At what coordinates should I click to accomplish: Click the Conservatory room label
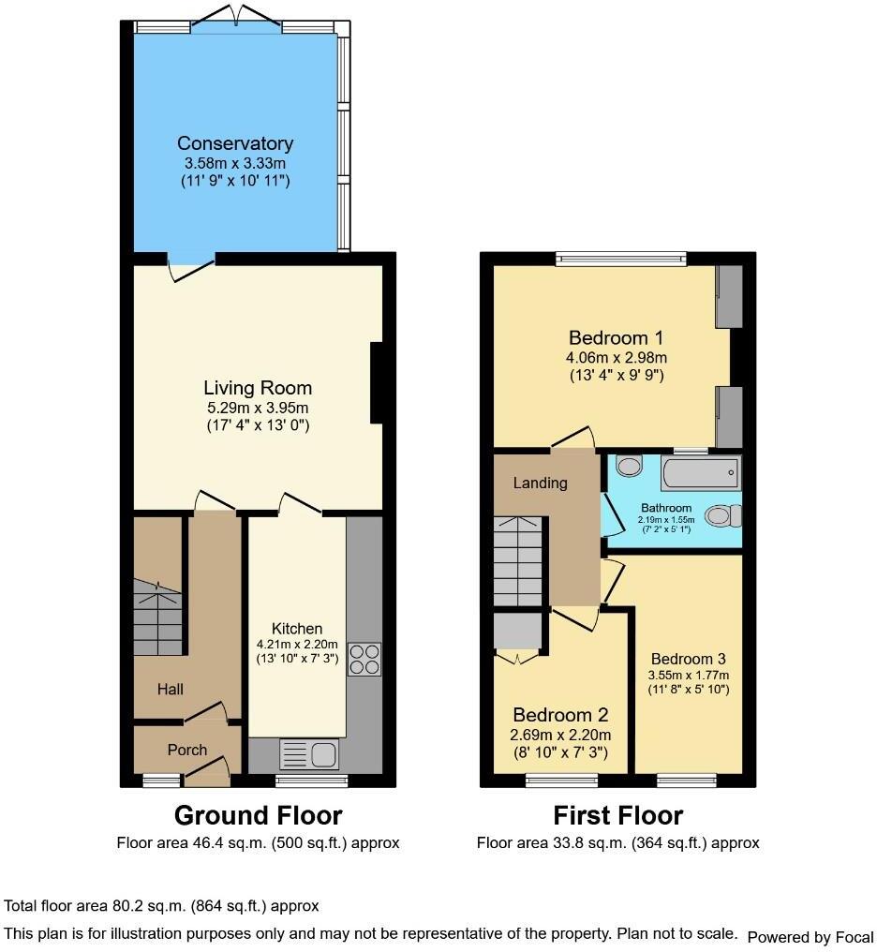[x=235, y=143]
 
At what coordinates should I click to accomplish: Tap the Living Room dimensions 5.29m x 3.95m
[x=258, y=408]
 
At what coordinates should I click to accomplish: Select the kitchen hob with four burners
[x=364, y=659]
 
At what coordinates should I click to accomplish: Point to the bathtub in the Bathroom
[x=700, y=472]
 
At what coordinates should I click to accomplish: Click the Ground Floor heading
[x=258, y=815]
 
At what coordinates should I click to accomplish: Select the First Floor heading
[x=617, y=815]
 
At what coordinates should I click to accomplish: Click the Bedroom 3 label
[x=689, y=658]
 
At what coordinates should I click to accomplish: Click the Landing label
[x=541, y=483]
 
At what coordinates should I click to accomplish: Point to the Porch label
[x=187, y=750]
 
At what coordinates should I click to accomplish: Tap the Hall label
[x=171, y=690]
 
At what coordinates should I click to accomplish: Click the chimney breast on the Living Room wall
[x=377, y=383]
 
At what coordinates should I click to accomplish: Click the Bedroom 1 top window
[x=620, y=259]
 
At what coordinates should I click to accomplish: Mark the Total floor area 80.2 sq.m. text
[x=162, y=906]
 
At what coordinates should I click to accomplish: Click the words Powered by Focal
[x=810, y=936]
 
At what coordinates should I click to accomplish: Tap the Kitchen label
[x=297, y=629]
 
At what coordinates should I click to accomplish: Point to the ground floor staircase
[x=157, y=617]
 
